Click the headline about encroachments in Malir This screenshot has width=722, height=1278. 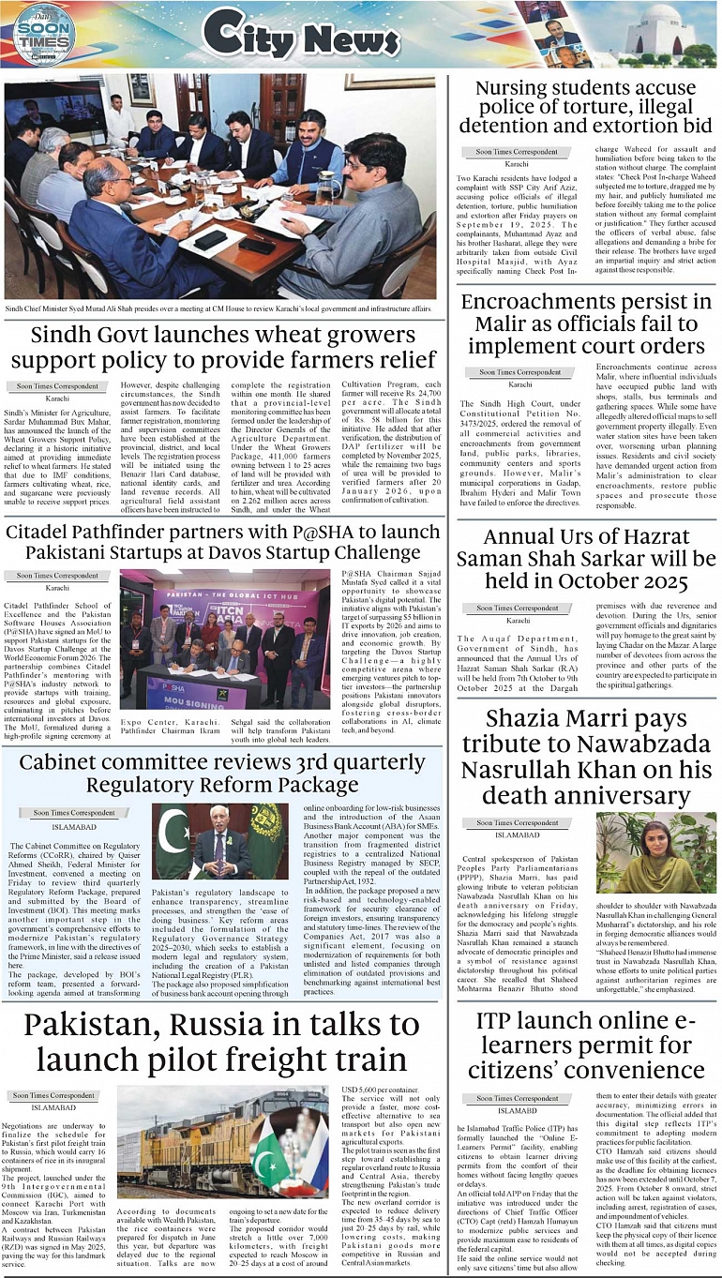(x=587, y=323)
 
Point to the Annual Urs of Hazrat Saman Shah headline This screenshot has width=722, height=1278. (x=587, y=560)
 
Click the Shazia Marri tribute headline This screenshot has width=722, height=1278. (x=587, y=758)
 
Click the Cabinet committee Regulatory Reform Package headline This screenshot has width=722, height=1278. (x=222, y=773)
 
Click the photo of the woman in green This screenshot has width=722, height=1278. (x=656, y=852)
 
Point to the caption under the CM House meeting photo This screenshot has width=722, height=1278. (x=218, y=308)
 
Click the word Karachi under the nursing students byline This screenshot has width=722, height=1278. (x=517, y=164)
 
